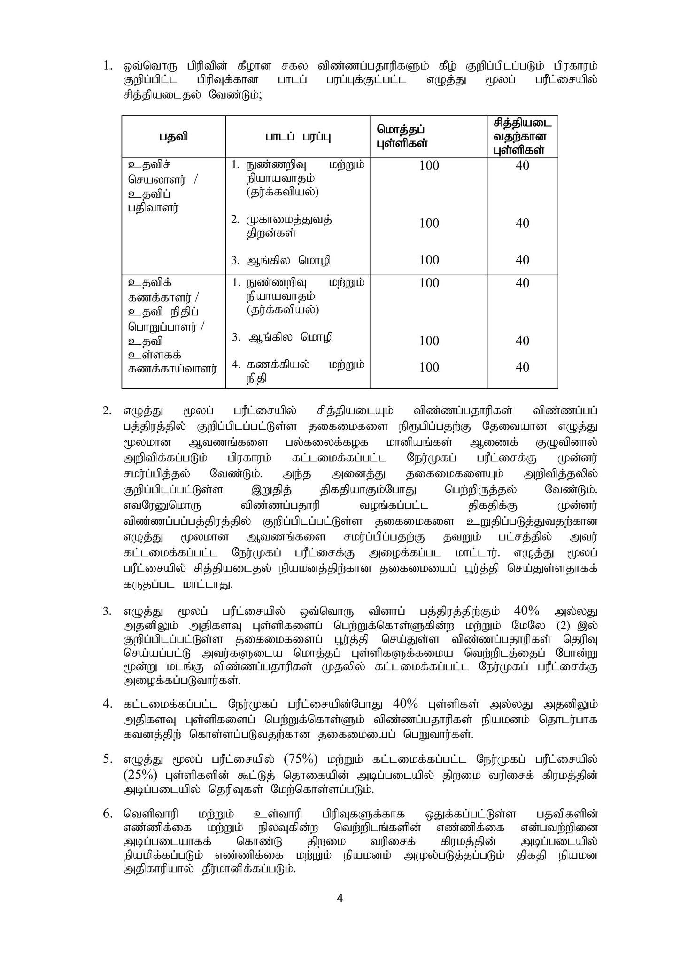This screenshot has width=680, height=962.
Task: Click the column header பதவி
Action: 173,137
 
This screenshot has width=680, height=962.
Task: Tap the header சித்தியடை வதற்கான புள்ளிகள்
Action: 522,136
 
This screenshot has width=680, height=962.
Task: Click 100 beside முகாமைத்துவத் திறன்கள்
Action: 429,223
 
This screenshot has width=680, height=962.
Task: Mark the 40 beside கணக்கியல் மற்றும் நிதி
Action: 522,367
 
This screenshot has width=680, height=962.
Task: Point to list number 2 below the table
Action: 108,411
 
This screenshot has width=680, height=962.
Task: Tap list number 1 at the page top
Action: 108,66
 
